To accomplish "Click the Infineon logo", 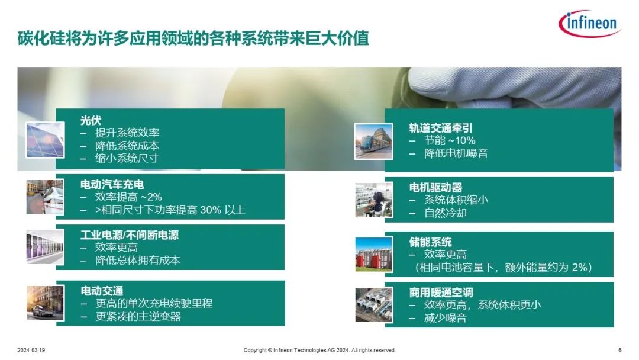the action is [x=589, y=24].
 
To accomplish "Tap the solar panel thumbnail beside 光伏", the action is [x=45, y=140].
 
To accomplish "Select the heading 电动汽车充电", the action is [x=112, y=185].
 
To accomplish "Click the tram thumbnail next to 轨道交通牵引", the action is [x=374, y=142].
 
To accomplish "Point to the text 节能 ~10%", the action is [x=450, y=141].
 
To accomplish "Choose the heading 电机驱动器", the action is [x=435, y=188].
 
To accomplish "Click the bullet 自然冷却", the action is [x=445, y=213].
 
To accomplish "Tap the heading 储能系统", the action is [x=430, y=242].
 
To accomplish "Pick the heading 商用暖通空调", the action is [x=441, y=292].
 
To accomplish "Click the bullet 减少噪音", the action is [x=445, y=318].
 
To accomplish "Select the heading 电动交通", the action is [x=102, y=291].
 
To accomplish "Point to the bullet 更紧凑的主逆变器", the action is [x=138, y=316].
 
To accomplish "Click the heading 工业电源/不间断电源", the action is [x=130, y=235].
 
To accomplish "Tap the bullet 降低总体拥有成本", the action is [x=138, y=260].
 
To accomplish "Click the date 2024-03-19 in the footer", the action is [x=31, y=350].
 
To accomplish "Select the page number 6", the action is [x=620, y=350].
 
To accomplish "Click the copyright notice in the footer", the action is [x=319, y=350].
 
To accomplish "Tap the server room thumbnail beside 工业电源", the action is [x=45, y=247].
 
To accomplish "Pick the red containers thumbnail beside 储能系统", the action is [x=374, y=255].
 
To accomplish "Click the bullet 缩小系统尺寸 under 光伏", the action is [x=127, y=158].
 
